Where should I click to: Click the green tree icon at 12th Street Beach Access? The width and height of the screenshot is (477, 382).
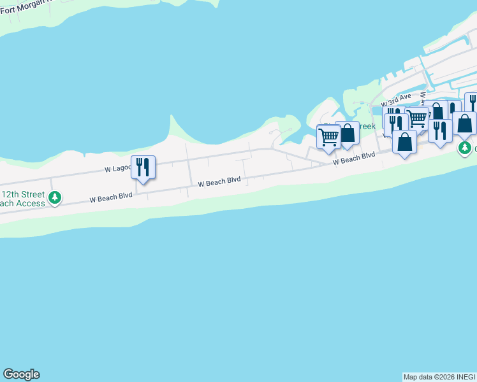pos(55,198)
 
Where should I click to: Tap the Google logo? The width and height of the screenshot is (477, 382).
pos(21,374)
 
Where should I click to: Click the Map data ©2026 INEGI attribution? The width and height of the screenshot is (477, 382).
pos(439,377)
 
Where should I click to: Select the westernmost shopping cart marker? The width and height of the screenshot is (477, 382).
pos(328,136)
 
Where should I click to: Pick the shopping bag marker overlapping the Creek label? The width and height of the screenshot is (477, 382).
pos(348,133)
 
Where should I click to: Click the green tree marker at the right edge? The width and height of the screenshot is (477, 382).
pos(466,148)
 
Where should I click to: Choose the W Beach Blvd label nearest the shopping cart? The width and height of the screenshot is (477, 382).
pos(353,159)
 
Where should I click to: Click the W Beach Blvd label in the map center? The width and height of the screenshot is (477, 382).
pos(219,182)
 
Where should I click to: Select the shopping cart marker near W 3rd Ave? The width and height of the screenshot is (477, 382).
pos(417,118)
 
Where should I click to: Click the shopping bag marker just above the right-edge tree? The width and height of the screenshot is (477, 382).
pos(464,124)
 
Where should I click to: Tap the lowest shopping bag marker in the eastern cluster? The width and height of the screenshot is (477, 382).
pos(404,142)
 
